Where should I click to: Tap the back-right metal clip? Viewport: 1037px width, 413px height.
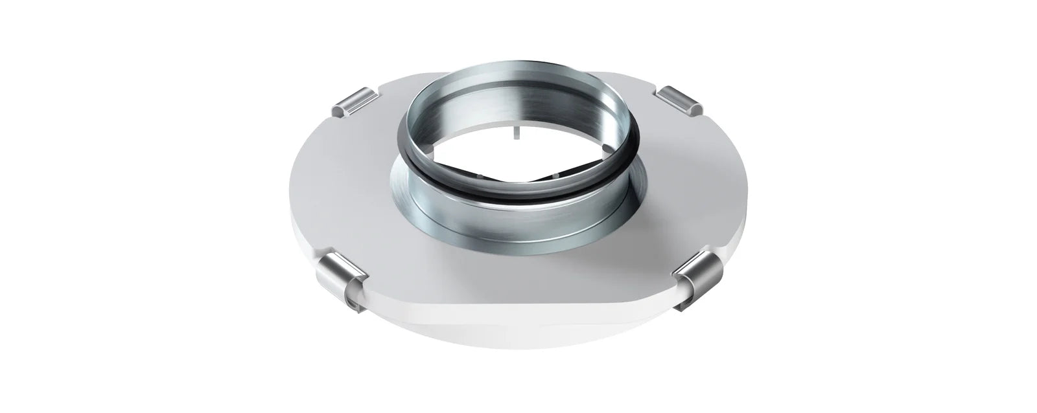click(x=677, y=98)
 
